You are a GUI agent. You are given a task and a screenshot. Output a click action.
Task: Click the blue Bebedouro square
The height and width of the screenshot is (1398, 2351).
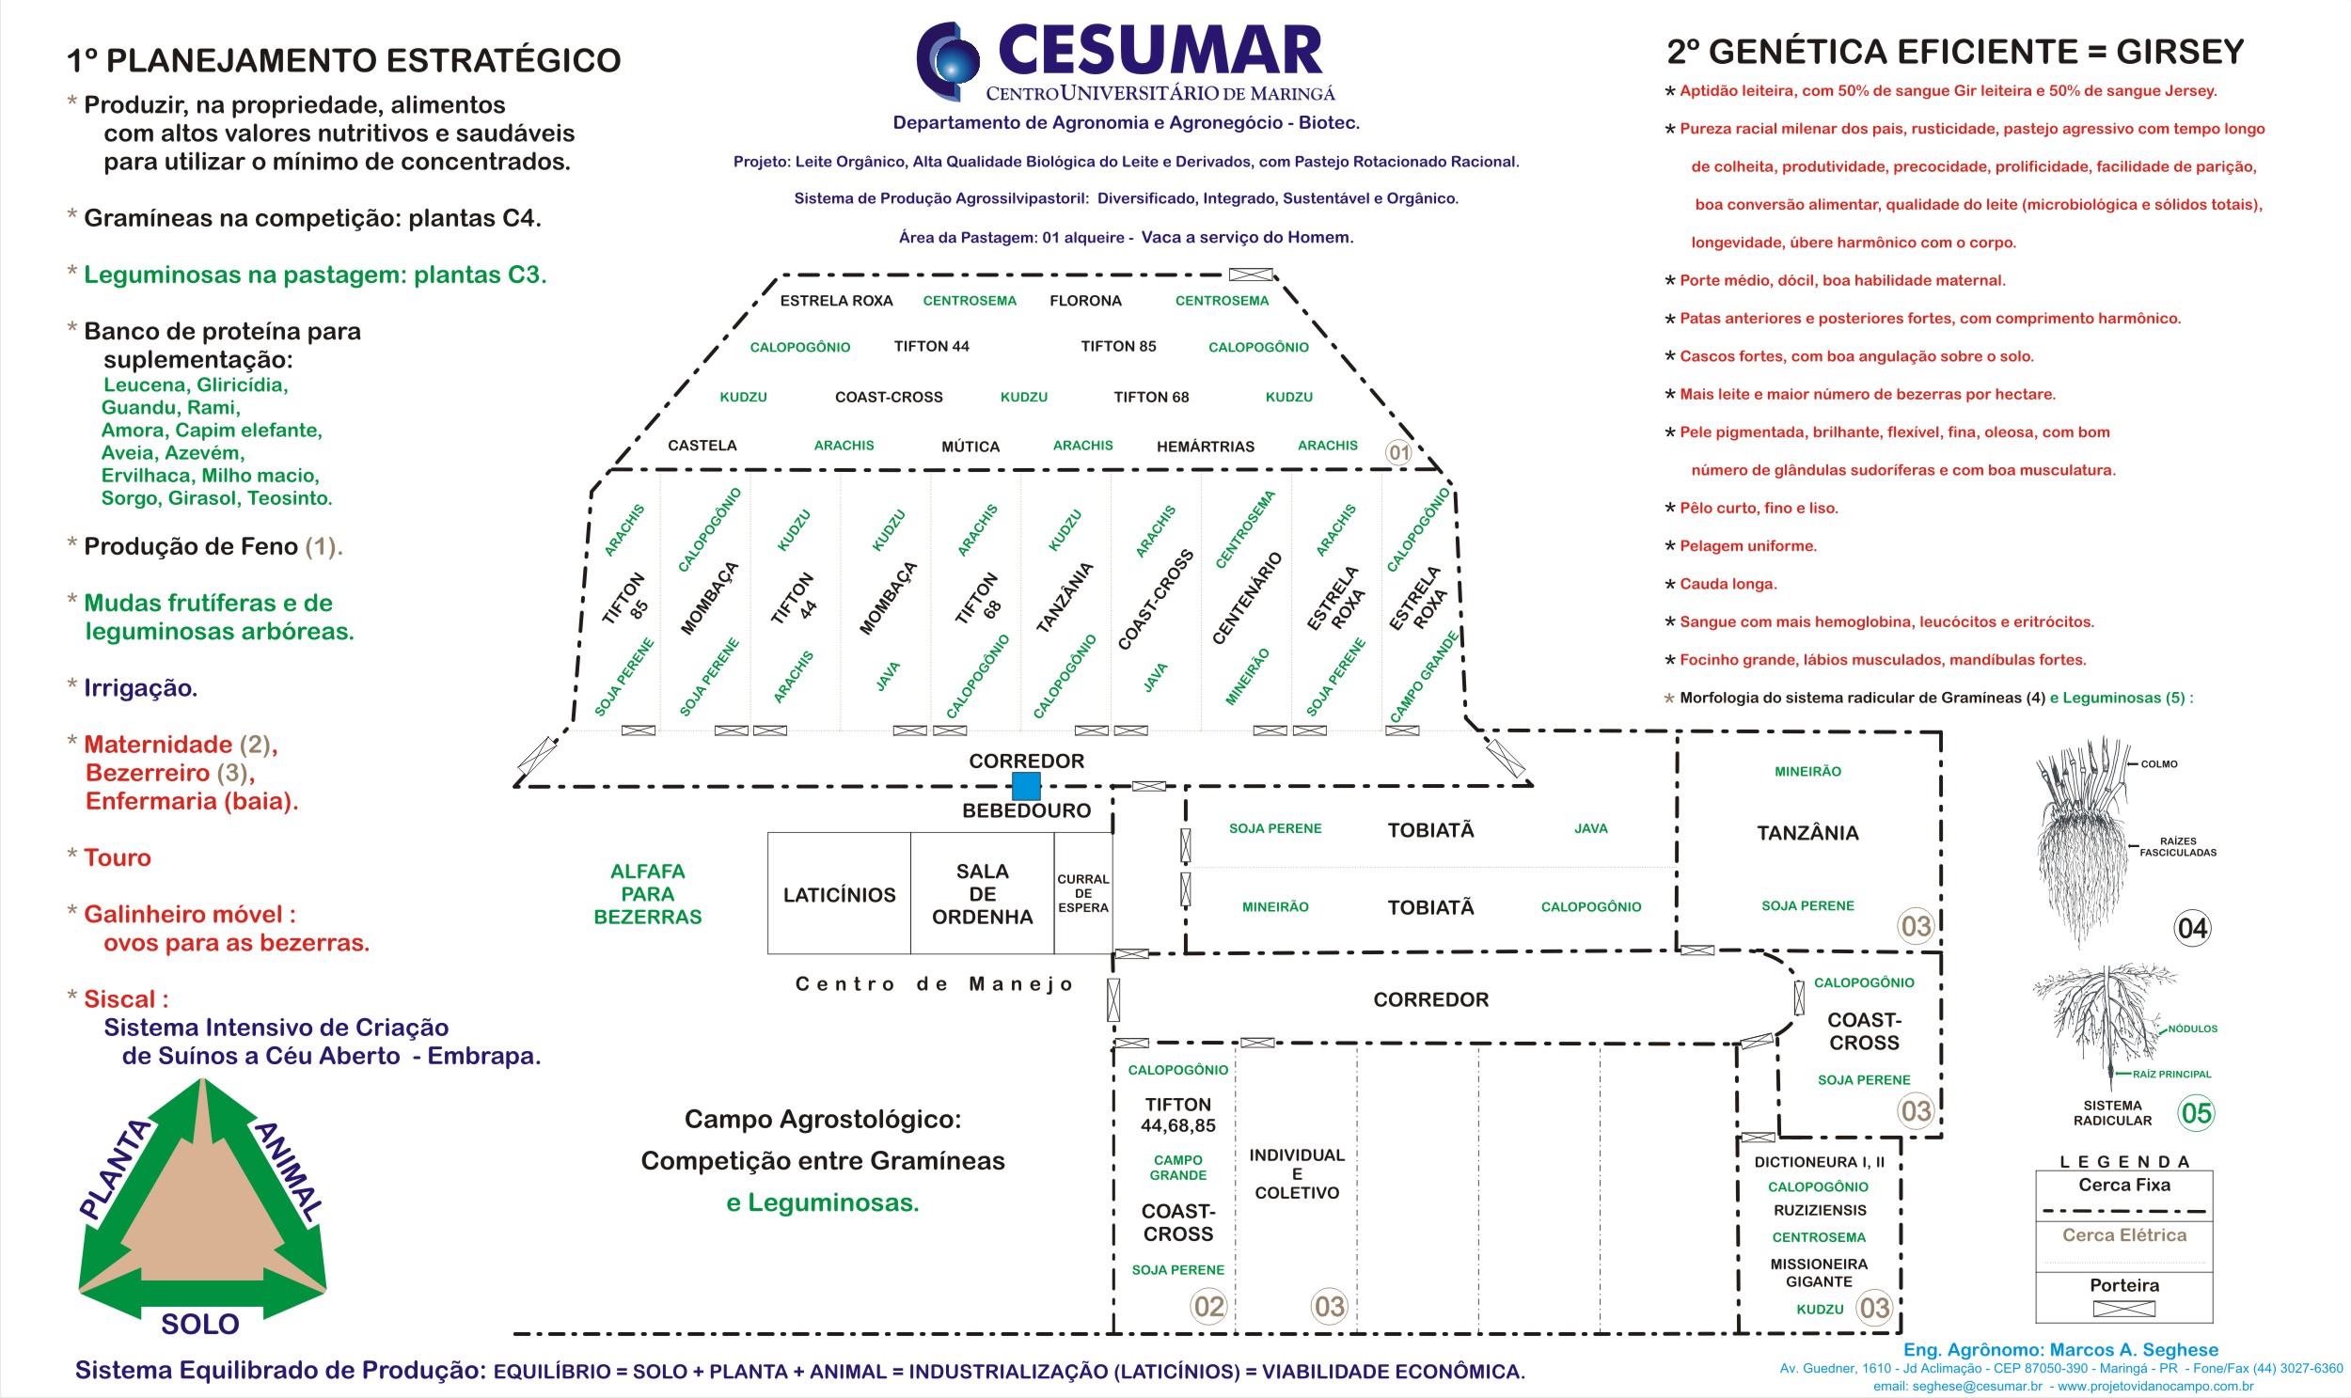[x=1025, y=785]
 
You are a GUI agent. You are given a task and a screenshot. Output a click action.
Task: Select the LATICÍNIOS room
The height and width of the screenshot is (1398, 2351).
[x=839, y=894]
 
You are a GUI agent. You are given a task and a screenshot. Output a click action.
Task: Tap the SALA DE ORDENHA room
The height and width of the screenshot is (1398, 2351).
[x=982, y=894]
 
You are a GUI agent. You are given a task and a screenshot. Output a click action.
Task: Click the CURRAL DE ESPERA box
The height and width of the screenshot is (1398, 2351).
[x=1082, y=893]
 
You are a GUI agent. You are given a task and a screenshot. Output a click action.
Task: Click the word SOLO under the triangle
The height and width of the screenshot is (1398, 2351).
[x=199, y=1324]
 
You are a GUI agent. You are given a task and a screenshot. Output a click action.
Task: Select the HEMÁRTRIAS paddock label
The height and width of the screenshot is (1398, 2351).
[x=1206, y=447]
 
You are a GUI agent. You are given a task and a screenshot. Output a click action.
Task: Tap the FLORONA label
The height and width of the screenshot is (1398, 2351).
[x=1085, y=301]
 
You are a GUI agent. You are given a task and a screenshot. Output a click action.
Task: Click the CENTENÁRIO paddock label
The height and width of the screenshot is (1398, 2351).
[x=1247, y=598]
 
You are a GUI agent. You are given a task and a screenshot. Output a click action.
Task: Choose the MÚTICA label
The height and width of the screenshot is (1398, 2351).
[x=970, y=447]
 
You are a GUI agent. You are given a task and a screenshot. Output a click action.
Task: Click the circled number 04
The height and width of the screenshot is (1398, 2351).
[x=2192, y=929]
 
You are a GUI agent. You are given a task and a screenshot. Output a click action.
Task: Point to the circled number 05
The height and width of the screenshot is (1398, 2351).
[x=2196, y=1112]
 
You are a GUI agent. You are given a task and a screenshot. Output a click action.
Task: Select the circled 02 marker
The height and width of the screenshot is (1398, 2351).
[x=1209, y=1306]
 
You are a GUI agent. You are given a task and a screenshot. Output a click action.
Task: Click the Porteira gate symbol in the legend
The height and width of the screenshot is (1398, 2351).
[x=2123, y=1309]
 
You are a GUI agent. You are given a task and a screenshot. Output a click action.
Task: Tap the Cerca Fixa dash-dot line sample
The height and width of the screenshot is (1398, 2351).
[x=2123, y=1212]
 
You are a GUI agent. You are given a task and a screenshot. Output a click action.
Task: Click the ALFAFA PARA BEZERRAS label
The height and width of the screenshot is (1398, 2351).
[x=647, y=894]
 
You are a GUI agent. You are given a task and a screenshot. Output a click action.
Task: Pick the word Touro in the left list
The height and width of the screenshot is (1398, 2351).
[x=117, y=857]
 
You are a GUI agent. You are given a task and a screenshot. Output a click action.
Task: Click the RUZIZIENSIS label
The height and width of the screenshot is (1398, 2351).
[x=1819, y=1210]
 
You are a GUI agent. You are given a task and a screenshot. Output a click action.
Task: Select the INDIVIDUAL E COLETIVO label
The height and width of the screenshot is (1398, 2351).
[x=1297, y=1174]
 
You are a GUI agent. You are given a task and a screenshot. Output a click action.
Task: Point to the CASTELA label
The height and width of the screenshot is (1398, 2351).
[x=702, y=446]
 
